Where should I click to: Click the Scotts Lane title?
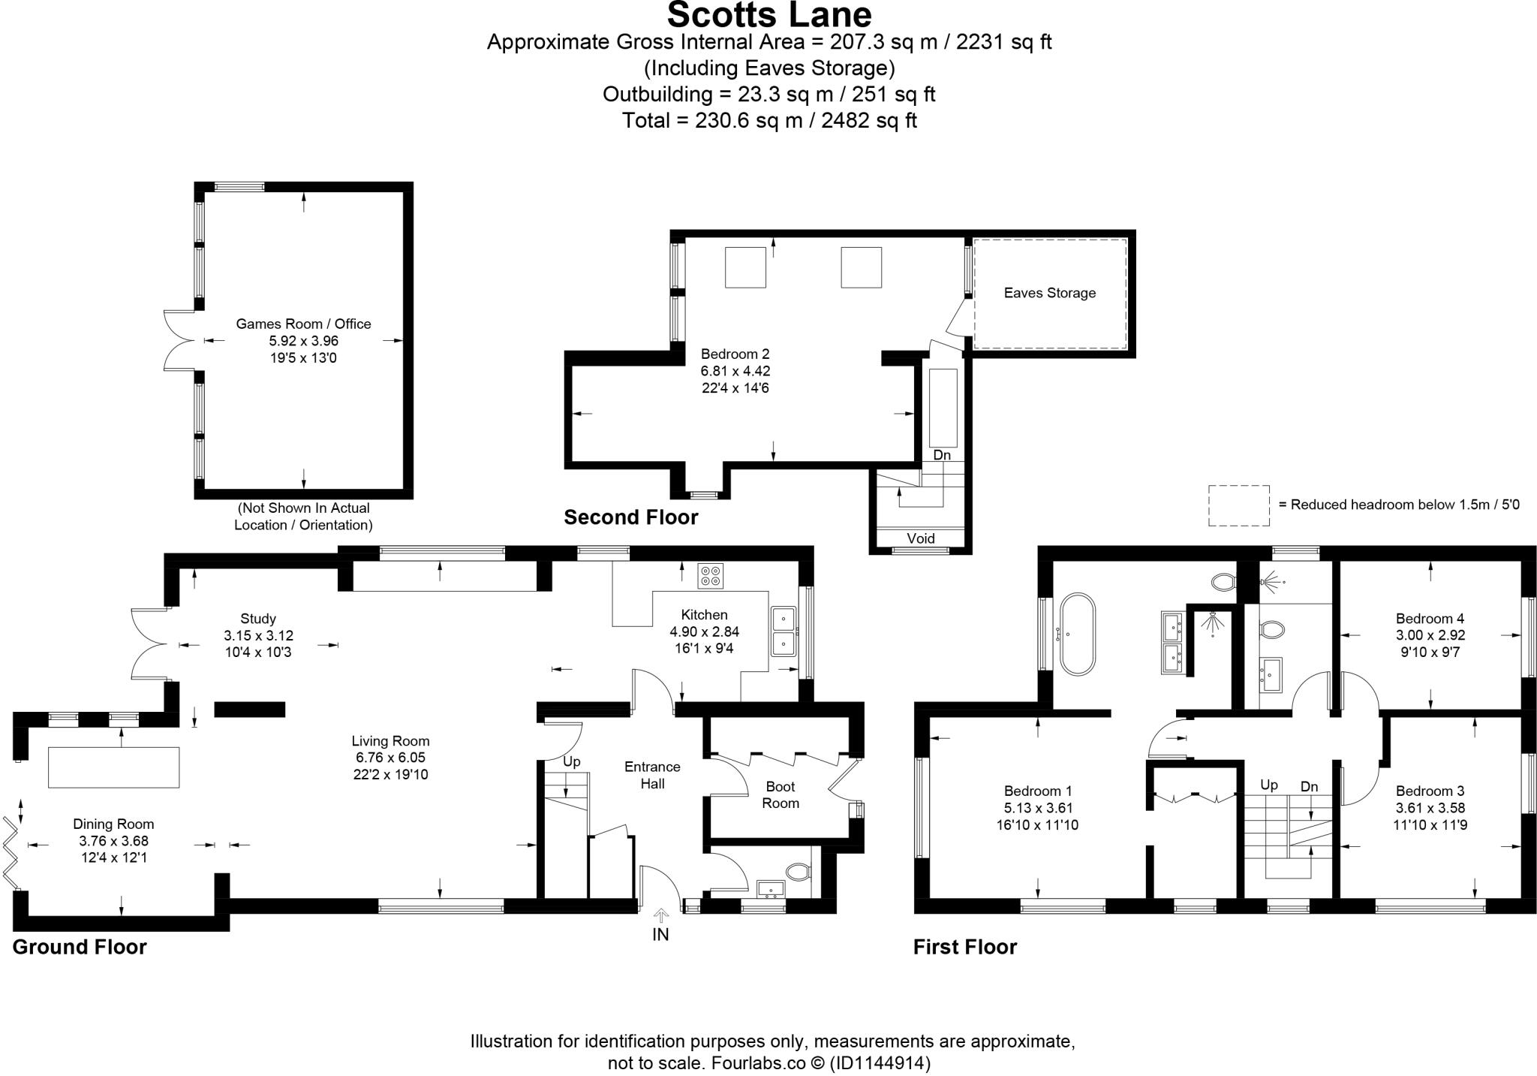pos(768,15)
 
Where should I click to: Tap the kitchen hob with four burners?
pos(710,576)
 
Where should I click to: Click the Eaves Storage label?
pos(1049,293)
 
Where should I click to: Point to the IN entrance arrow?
pos(660,918)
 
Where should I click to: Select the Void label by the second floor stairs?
pos(920,538)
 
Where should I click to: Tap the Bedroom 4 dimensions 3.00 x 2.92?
pos(1430,635)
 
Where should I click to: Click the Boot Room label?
pos(781,794)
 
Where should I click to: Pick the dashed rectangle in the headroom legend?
pos(1238,505)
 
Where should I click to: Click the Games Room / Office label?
pos(303,324)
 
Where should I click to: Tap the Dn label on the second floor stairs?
pos(941,455)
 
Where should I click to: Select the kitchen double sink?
pos(784,631)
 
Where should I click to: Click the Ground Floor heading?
pos(80,947)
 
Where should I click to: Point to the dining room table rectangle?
pos(113,767)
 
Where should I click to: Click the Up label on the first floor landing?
pos(1268,785)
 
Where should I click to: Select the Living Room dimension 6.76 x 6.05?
pos(390,758)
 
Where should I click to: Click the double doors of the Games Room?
pos(179,341)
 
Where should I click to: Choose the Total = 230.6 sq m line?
pos(768,120)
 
